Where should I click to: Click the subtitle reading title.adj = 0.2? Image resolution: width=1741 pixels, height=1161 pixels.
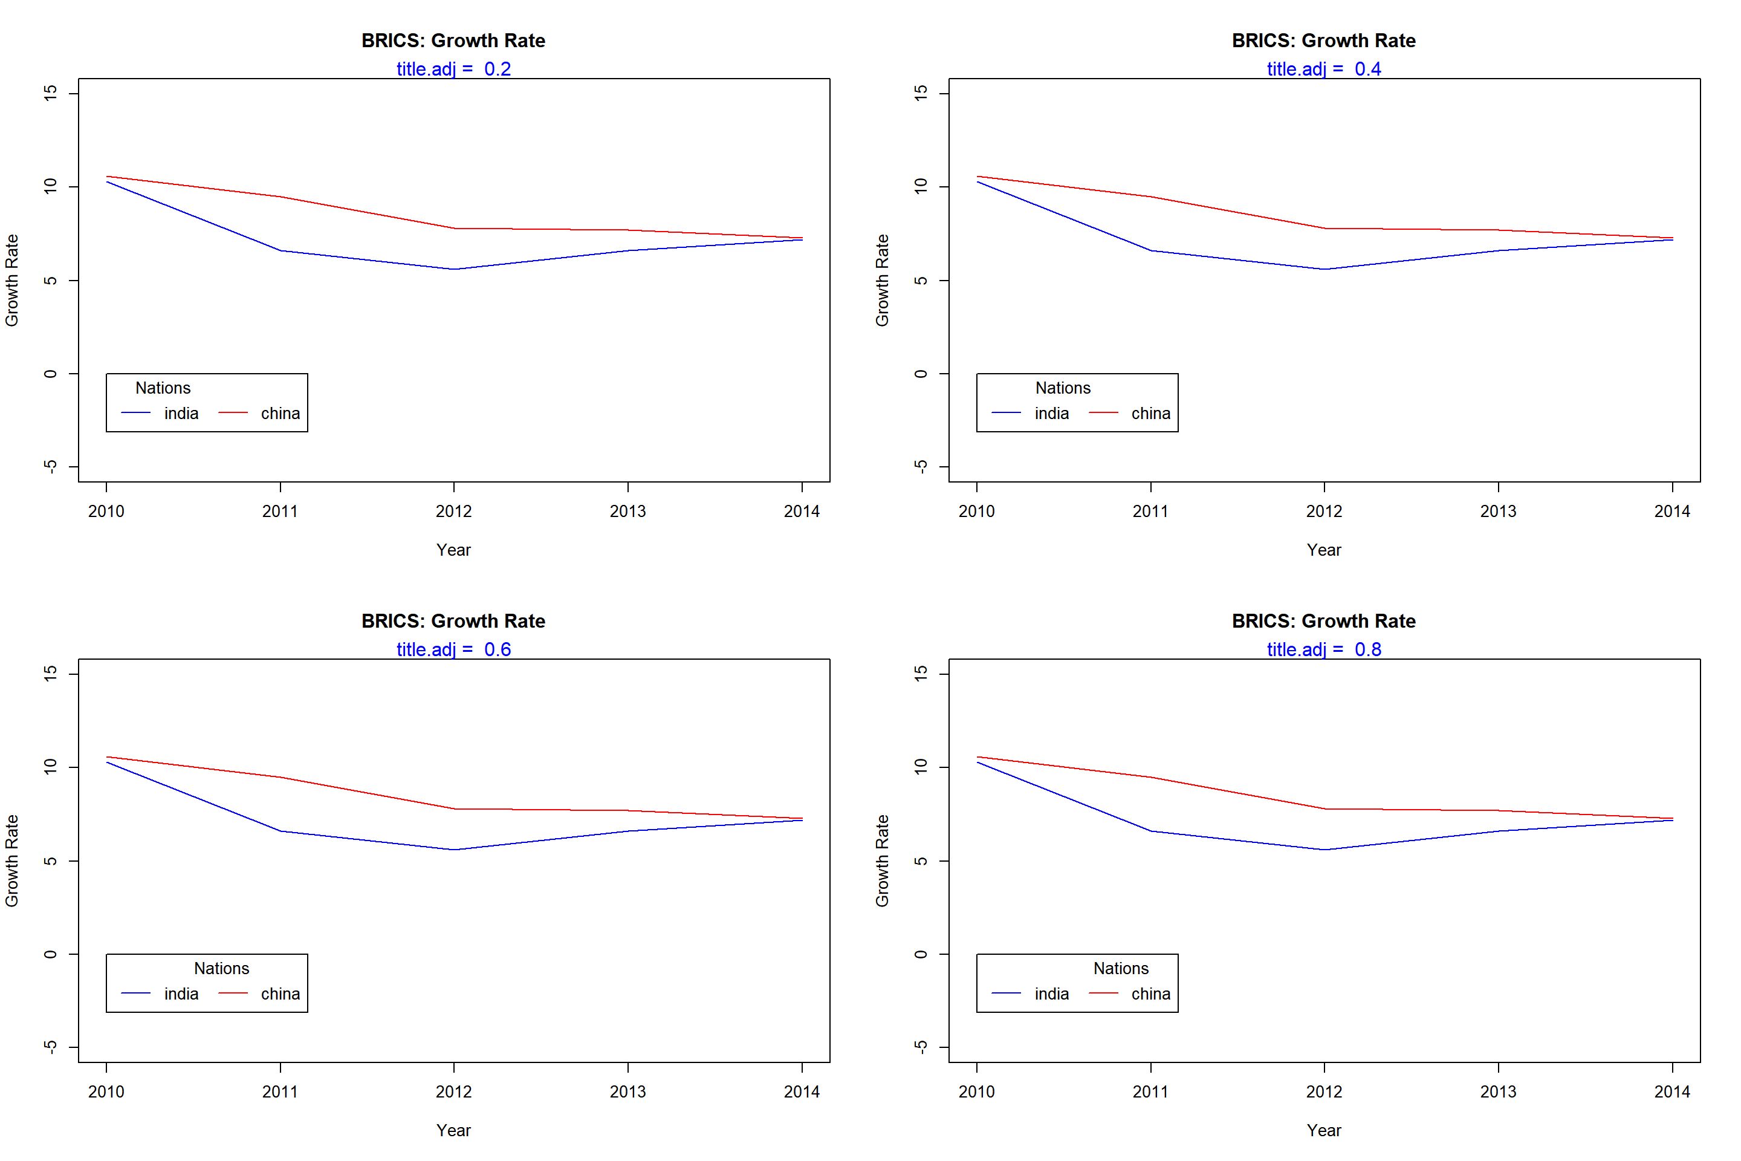click(454, 69)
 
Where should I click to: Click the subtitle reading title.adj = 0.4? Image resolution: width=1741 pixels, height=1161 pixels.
click(1324, 69)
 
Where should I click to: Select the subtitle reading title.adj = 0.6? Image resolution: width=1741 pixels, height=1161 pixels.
click(454, 649)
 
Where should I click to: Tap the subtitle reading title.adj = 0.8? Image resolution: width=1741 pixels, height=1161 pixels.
click(1324, 649)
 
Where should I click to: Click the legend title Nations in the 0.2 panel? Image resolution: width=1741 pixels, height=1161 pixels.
click(163, 388)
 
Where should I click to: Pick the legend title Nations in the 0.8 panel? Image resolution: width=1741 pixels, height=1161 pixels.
click(1121, 969)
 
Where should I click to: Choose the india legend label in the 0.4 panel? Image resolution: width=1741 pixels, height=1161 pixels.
click(1052, 413)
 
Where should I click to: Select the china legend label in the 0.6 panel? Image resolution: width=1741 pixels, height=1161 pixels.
click(280, 994)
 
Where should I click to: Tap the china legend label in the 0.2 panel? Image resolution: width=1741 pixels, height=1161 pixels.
click(280, 413)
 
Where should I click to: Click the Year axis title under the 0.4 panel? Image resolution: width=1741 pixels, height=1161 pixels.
click(1324, 550)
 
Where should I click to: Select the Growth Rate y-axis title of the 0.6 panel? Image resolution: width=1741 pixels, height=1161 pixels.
click(12, 860)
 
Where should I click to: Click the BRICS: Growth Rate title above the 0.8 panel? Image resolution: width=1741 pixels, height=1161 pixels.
click(1324, 621)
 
